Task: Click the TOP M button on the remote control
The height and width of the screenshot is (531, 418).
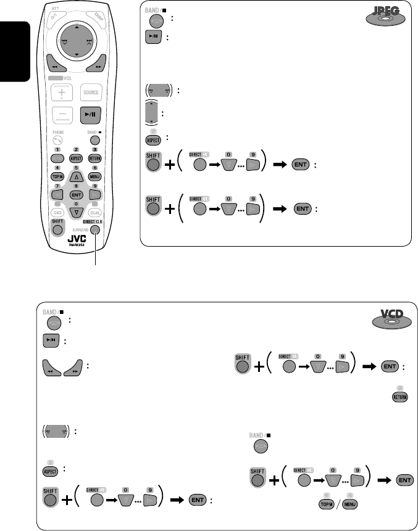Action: [57, 177]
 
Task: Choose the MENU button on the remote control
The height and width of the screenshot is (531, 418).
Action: [94, 177]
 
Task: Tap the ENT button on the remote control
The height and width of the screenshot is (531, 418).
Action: [76, 194]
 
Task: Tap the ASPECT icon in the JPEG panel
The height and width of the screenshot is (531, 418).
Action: [154, 138]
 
